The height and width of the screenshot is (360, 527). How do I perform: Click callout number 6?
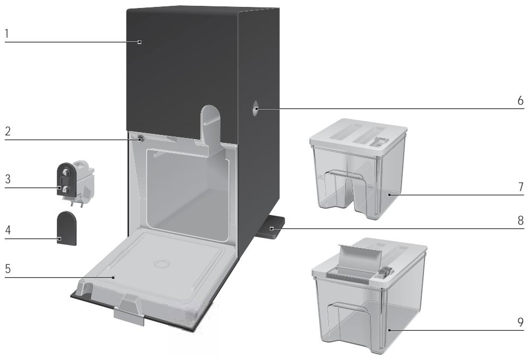pyautogui.click(x=521, y=100)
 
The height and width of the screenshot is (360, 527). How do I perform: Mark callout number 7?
pyautogui.click(x=521, y=187)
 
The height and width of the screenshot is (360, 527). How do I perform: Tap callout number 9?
pyautogui.click(x=521, y=321)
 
